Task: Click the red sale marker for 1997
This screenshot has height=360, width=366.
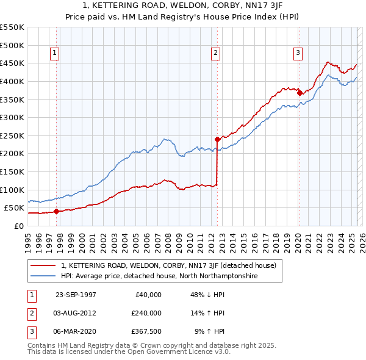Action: (56, 212)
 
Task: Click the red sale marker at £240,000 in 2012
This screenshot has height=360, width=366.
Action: (217, 139)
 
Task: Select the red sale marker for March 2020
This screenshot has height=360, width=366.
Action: (299, 93)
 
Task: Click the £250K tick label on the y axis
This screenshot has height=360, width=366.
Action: (12, 135)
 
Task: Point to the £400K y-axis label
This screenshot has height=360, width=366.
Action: (12, 81)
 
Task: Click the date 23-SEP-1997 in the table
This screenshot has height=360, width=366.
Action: (76, 295)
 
